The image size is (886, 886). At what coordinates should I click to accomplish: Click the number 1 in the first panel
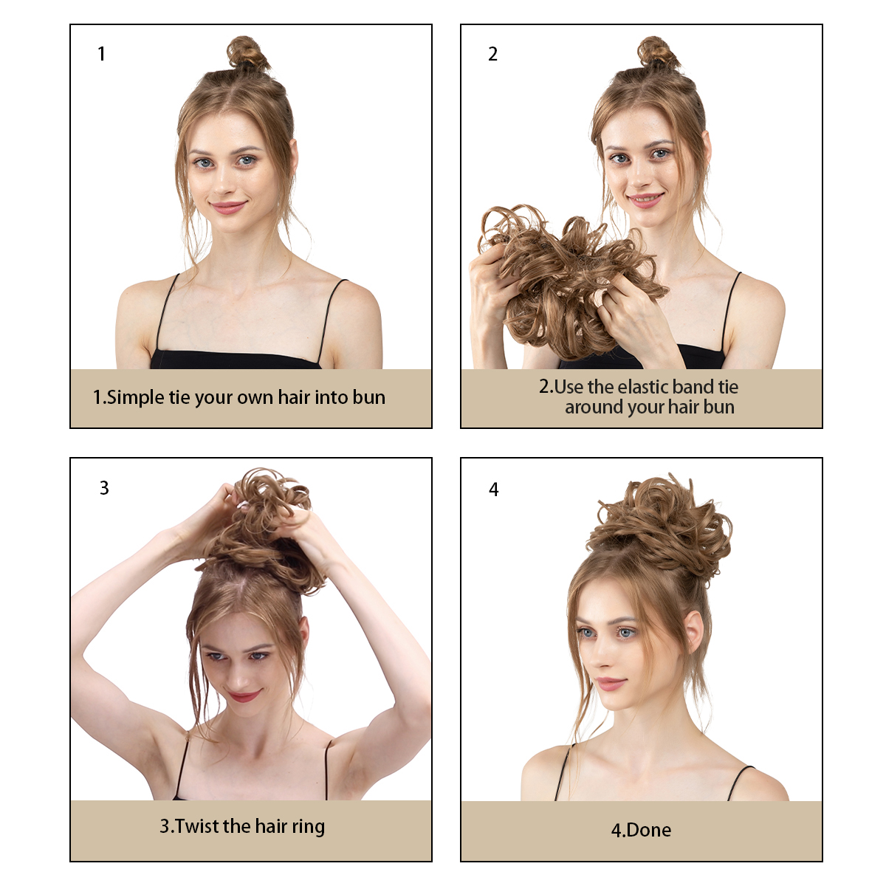(101, 54)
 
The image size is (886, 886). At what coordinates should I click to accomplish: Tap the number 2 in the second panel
(492, 54)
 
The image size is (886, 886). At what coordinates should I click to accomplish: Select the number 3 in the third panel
(104, 488)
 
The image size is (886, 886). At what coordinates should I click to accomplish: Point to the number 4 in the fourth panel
(494, 490)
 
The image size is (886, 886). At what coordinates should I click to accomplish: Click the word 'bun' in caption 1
(368, 397)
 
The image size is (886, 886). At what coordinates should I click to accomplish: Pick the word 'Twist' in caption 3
(196, 826)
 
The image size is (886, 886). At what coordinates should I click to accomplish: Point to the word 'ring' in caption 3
(308, 827)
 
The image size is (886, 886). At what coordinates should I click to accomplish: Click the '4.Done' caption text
(641, 830)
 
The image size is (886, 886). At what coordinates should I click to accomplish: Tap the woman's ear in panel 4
(694, 631)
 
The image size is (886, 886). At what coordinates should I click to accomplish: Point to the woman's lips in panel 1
(227, 207)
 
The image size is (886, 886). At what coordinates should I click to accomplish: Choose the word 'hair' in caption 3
(270, 826)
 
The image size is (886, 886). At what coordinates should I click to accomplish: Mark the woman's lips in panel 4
(609, 684)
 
